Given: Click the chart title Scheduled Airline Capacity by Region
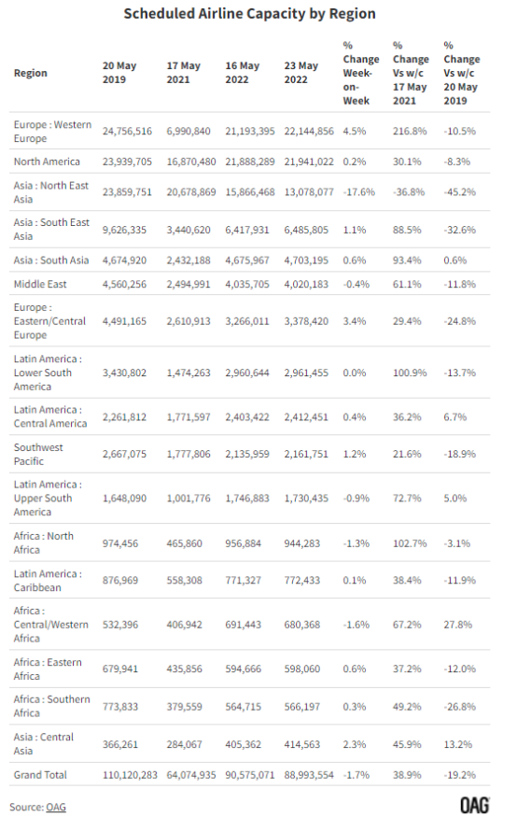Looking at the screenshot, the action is [x=249, y=14].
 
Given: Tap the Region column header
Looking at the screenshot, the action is [x=30, y=73].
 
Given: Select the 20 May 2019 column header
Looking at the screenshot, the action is [x=119, y=73].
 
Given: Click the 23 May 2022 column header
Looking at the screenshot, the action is [x=300, y=73].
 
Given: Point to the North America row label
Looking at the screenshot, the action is [x=47, y=162].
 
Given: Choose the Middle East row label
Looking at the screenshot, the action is [x=40, y=284].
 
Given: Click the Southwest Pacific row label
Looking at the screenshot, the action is [x=38, y=454].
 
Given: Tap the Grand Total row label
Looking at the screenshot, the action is [x=40, y=775].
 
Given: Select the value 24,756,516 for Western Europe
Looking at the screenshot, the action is [x=127, y=132].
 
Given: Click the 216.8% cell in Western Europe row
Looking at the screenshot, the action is [x=410, y=132].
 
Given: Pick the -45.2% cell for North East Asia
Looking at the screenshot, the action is [x=460, y=192].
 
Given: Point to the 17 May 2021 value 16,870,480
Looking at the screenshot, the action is [x=191, y=162].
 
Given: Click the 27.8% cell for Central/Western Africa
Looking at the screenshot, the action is [x=457, y=625].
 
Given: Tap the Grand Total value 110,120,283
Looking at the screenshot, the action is [x=130, y=775].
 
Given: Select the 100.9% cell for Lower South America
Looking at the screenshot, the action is [x=410, y=373].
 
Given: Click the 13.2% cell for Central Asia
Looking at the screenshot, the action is [x=457, y=744].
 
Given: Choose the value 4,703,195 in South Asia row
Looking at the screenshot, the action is [x=306, y=261].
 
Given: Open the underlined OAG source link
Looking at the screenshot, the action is [x=56, y=807].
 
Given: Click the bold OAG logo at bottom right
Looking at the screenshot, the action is [x=475, y=806].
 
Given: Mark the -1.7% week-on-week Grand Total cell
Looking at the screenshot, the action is [x=355, y=775].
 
